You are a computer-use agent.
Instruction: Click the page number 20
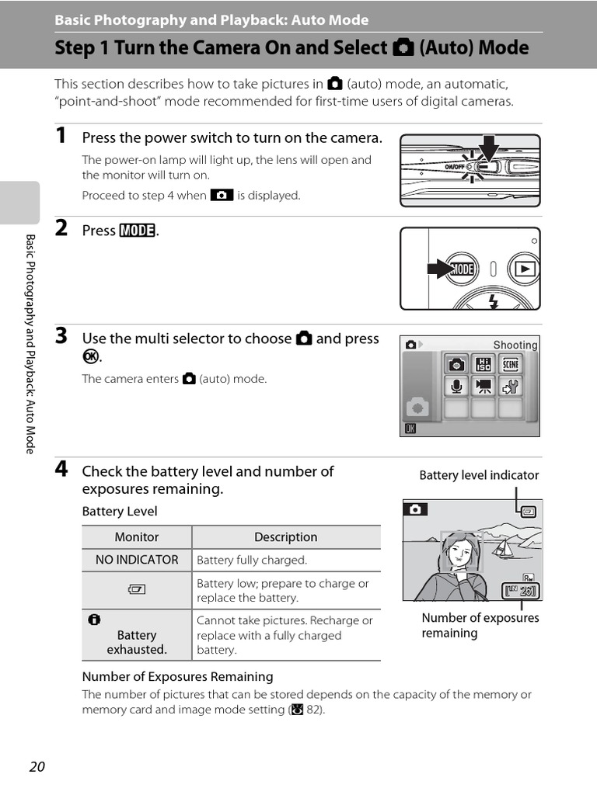(37, 767)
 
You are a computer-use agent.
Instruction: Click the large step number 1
(61, 137)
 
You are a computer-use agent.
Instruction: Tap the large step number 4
(61, 470)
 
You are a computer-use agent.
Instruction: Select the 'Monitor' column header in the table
(137, 537)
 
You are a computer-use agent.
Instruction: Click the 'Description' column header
(285, 537)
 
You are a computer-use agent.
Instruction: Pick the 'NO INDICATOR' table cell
(137, 560)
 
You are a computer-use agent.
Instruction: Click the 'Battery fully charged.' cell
(252, 560)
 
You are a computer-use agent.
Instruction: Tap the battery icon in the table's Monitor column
(137, 590)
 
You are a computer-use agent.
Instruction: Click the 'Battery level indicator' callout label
(479, 475)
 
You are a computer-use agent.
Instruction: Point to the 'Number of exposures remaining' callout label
(480, 625)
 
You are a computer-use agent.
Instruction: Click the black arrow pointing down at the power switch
(488, 148)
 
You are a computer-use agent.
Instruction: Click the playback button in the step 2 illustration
(524, 269)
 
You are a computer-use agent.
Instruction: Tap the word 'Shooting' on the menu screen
(515, 345)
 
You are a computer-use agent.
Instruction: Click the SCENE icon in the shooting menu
(510, 364)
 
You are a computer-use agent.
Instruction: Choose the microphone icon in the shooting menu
(457, 386)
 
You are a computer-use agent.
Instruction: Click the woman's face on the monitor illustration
(459, 554)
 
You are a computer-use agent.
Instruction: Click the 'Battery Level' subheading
(120, 511)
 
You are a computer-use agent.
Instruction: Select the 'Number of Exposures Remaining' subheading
(178, 676)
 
